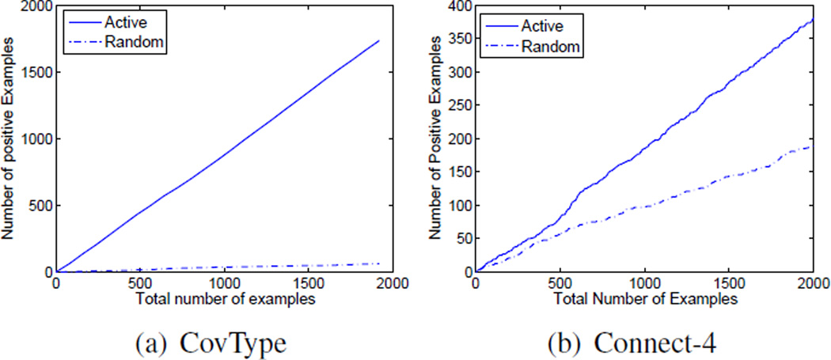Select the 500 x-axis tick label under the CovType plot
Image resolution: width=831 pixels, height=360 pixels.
click(x=139, y=285)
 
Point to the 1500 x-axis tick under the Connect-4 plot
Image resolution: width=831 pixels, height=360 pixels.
click(x=729, y=285)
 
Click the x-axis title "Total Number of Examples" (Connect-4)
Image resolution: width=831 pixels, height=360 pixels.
click(x=646, y=300)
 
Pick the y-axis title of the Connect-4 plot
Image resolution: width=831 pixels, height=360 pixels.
click(x=436, y=140)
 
